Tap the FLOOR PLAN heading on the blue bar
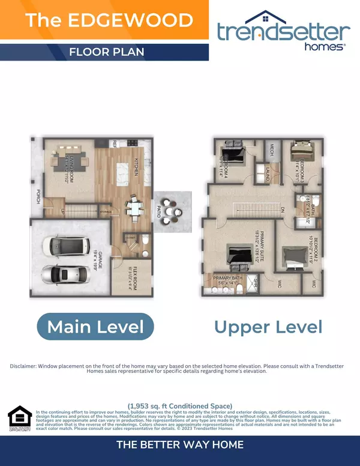point(106,52)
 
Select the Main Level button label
point(95,327)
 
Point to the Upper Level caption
point(268,327)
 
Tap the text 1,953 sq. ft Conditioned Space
point(179,405)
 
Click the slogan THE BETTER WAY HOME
point(179,444)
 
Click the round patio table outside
point(172,214)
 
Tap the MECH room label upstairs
point(271,150)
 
